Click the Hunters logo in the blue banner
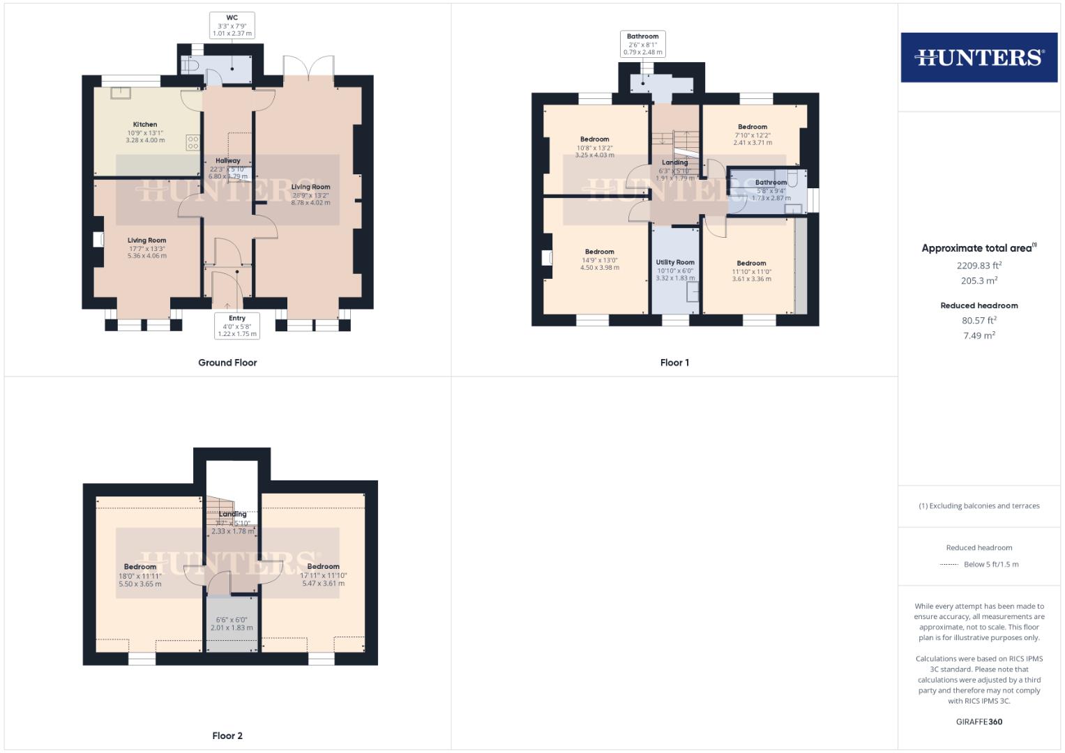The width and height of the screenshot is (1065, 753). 979,57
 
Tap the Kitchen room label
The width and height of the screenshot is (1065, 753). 145,125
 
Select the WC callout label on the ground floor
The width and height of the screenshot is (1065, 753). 232,25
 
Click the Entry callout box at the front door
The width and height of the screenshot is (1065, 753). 236,326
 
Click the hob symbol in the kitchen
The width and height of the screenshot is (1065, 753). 193,143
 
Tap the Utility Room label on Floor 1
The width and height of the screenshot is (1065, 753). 675,263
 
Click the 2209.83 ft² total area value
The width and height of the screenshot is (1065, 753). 979,266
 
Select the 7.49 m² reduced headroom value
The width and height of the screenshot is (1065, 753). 979,335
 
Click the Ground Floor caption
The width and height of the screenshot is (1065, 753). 227,363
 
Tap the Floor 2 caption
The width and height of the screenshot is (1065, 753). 227,736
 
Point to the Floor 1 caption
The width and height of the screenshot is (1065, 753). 674,363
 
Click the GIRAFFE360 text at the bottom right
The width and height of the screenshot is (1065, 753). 979,722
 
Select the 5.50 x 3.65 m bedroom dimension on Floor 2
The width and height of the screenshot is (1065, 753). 140,584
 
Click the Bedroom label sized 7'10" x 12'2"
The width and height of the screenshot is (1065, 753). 753,127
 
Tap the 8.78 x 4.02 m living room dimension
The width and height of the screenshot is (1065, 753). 310,203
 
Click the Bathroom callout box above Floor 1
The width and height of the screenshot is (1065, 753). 642,44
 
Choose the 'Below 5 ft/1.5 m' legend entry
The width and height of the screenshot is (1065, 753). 990,565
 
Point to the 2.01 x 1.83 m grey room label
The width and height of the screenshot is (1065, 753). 232,627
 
